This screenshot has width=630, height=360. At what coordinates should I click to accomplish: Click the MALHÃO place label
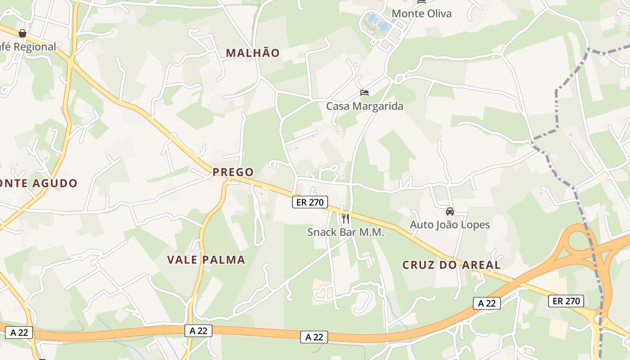[252, 53]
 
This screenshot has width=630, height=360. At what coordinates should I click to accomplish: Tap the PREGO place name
[233, 172]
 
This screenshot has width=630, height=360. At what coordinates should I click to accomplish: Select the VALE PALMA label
[206, 260]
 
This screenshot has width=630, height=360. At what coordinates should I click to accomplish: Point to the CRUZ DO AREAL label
[451, 265]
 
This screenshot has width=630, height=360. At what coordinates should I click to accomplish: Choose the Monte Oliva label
[421, 13]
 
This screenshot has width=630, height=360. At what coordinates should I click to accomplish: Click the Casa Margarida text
[364, 106]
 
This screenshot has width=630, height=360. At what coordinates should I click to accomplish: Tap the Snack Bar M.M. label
[346, 232]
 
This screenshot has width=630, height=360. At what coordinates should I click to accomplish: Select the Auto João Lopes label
[450, 224]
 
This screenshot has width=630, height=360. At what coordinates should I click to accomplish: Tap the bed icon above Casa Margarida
[364, 93]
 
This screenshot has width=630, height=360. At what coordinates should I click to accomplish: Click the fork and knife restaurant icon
[346, 219]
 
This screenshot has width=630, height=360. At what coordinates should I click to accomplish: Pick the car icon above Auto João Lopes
[450, 211]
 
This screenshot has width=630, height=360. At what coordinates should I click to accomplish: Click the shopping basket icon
[22, 33]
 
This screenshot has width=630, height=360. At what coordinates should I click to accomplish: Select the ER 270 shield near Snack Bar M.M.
[310, 202]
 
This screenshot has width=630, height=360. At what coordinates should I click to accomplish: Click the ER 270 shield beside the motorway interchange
[566, 301]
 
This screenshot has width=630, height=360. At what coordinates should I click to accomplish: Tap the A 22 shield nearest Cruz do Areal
[486, 303]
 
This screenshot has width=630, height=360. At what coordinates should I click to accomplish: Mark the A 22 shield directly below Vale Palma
[198, 330]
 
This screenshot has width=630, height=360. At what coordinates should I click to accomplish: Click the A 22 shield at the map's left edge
[19, 333]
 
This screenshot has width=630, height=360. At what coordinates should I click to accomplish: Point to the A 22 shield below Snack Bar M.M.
[314, 337]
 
